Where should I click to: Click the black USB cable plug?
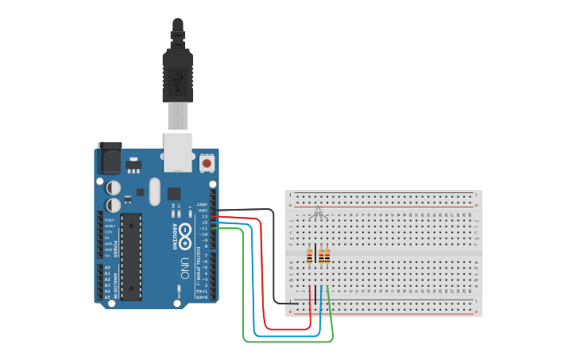tap(177, 76)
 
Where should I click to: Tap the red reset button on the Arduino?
tap(207, 163)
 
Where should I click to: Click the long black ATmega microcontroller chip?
tap(131, 256)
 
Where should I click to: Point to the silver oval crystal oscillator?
tap(154, 191)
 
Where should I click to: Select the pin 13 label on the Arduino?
tap(204, 216)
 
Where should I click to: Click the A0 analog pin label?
tap(107, 268)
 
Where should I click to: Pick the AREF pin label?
tap(203, 204)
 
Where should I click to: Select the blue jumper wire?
tap(254, 302)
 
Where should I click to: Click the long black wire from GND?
tap(274, 262)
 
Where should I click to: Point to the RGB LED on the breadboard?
tap(318, 212)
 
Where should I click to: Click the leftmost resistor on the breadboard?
tap(309, 256)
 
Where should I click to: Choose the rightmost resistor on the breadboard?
tap(327, 256)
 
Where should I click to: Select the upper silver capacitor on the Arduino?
tap(114, 188)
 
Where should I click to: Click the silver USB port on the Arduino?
tap(178, 152)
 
